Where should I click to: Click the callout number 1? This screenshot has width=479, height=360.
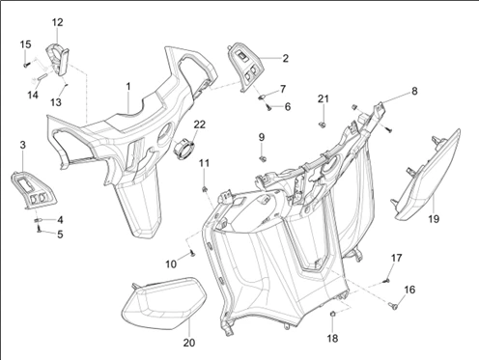[x=128, y=87]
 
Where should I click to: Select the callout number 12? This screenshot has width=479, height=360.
[x=58, y=22]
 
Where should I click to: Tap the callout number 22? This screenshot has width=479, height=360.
[x=199, y=125]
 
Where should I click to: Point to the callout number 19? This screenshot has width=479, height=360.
[x=434, y=219]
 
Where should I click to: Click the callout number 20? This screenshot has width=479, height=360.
[x=189, y=343]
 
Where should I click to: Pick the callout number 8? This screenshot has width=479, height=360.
[x=414, y=91]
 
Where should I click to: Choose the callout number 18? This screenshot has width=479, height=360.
[x=332, y=338]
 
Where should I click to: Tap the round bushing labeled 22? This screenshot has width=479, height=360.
[x=184, y=149]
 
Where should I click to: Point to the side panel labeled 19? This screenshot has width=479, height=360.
[x=428, y=176]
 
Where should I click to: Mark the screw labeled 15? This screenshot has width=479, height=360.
[x=26, y=65]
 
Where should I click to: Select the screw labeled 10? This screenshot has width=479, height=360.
[x=192, y=254]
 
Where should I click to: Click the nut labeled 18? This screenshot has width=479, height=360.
[x=333, y=314]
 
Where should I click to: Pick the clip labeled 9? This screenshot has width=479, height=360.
[x=263, y=158]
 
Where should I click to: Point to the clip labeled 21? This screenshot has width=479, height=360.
[x=322, y=124]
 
